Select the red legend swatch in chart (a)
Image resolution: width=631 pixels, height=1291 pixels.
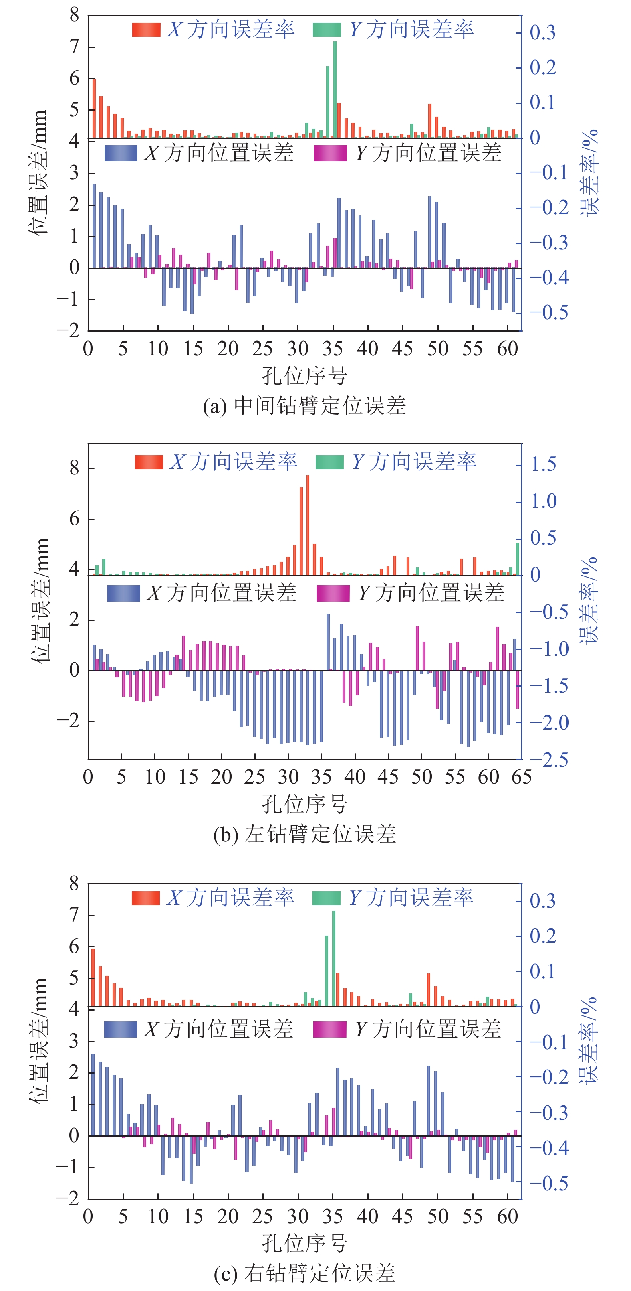click(x=146, y=30)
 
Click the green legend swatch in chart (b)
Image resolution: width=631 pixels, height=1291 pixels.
click(x=329, y=462)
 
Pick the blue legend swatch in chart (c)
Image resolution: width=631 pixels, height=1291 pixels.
click(x=120, y=1030)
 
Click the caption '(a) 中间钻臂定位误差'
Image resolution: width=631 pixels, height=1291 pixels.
click(x=304, y=406)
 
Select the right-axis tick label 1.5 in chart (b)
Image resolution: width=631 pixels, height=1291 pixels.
click(x=543, y=464)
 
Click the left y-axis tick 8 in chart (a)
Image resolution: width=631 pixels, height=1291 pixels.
click(x=75, y=16)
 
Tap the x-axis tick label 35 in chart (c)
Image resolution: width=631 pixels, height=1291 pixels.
click(x=333, y=1216)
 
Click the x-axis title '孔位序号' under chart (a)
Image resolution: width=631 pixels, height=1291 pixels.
click(x=304, y=376)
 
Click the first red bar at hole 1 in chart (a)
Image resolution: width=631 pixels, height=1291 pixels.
click(x=94, y=108)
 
